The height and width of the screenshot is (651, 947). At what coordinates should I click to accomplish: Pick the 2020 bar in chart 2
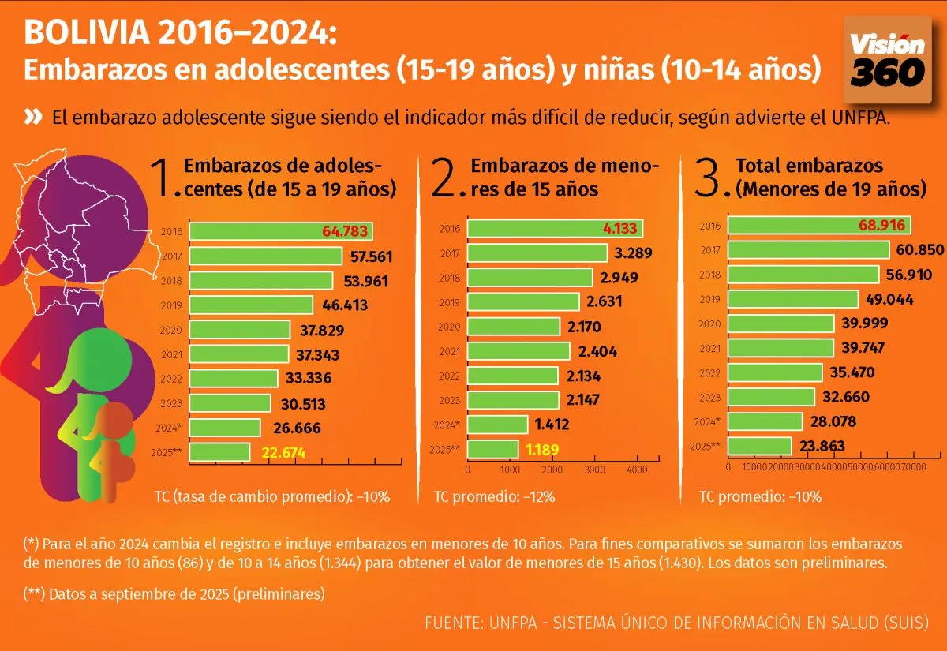click(514, 327)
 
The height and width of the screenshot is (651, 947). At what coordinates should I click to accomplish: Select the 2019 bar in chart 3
click(792, 300)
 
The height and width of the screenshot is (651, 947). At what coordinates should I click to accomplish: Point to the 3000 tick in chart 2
click(595, 469)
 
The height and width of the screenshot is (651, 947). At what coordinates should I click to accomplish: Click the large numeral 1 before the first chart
click(163, 179)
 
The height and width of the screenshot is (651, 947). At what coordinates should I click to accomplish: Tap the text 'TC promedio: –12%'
click(494, 497)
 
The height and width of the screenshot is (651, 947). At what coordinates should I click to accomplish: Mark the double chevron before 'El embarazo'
click(33, 118)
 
